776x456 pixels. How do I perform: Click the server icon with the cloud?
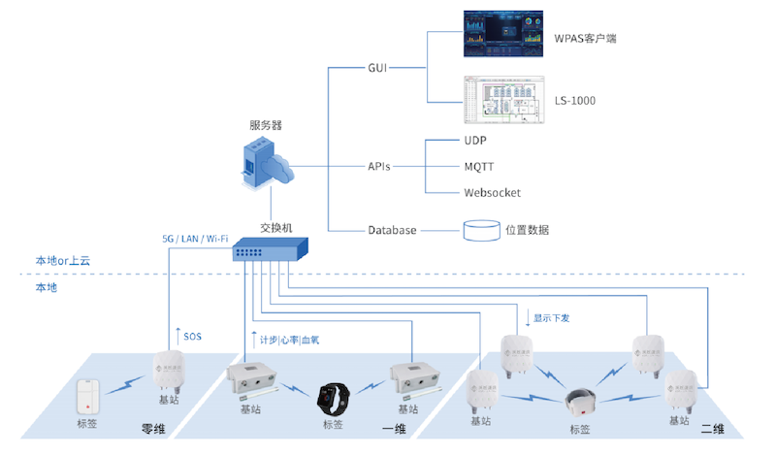pyautogui.click(x=268, y=166)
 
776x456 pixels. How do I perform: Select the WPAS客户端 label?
pyautogui.click(x=585, y=39)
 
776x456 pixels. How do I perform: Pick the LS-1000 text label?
pyautogui.click(x=574, y=100)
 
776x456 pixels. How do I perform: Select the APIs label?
pyautogui.click(x=379, y=166)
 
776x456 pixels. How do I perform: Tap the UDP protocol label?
pyautogui.click(x=474, y=141)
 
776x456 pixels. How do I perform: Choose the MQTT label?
pyautogui.click(x=479, y=166)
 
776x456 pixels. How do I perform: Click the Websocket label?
pyautogui.click(x=492, y=192)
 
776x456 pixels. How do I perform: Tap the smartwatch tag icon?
pyautogui.click(x=336, y=398)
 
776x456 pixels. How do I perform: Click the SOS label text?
pyautogui.click(x=192, y=336)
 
